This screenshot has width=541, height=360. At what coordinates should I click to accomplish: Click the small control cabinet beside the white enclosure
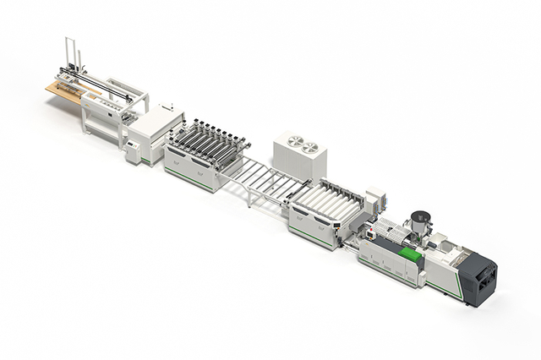[x=134, y=153]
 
